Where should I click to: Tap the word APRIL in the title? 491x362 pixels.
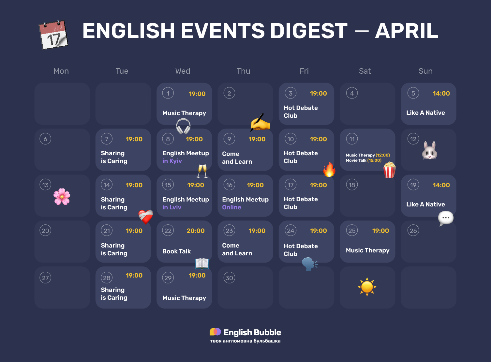(x=407, y=31)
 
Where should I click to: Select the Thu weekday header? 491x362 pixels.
(x=243, y=71)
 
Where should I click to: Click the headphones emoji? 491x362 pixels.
(x=183, y=126)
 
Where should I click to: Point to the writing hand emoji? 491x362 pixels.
(x=260, y=123)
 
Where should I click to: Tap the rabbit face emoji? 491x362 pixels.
(x=429, y=151)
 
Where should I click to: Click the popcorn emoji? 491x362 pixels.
(x=389, y=170)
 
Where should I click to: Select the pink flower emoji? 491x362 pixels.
(x=62, y=197)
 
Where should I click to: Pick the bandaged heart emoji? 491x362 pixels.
(x=146, y=216)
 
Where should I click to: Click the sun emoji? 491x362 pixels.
(x=367, y=287)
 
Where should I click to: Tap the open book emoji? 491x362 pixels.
(x=202, y=263)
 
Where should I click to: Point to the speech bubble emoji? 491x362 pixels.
(x=446, y=218)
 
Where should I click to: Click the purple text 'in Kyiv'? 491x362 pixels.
(x=172, y=161)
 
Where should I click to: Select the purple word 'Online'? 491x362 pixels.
(x=231, y=207)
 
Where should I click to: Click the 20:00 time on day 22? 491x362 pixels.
(x=196, y=231)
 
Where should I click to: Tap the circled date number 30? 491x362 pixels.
(x=229, y=278)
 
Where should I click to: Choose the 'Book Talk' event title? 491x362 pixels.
(x=176, y=251)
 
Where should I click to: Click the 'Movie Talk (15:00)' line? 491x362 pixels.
(x=364, y=160)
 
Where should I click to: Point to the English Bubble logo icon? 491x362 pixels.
(x=215, y=332)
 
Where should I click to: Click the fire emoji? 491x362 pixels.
(x=329, y=170)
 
